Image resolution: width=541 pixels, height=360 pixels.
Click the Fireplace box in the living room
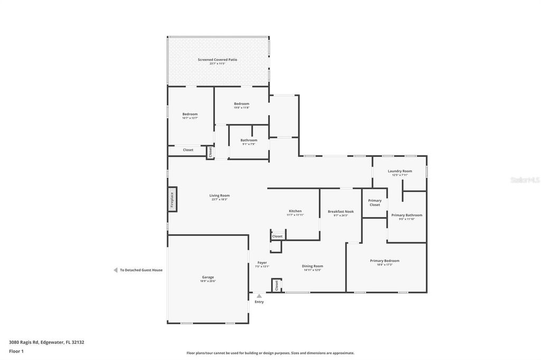pos(172,200)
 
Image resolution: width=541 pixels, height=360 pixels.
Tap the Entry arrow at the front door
pos(259,296)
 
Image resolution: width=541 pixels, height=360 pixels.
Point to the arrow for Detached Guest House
pos(115,270)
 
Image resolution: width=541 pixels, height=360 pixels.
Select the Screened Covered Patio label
pos(217,60)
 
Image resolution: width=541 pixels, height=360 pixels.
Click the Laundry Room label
pos(399,172)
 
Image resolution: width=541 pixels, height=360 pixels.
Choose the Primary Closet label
pos(375,203)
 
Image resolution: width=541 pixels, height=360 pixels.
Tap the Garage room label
pos(208,278)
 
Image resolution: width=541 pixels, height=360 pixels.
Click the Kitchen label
pos(295,212)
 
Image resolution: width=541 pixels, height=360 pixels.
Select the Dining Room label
pos(312,267)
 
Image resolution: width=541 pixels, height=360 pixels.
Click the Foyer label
pos(262,263)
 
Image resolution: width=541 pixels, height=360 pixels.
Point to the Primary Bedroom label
pos(385,261)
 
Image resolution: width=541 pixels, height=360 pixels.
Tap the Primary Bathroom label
pos(406,215)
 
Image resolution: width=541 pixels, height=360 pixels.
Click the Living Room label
pos(219,196)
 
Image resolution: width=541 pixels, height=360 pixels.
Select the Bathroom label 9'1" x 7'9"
pos(248,140)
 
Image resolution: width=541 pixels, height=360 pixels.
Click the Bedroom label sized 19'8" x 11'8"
pos(241,105)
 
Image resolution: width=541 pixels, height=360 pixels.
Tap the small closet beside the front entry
pos(276,286)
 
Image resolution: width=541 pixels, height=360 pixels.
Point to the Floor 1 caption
pos(16,351)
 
